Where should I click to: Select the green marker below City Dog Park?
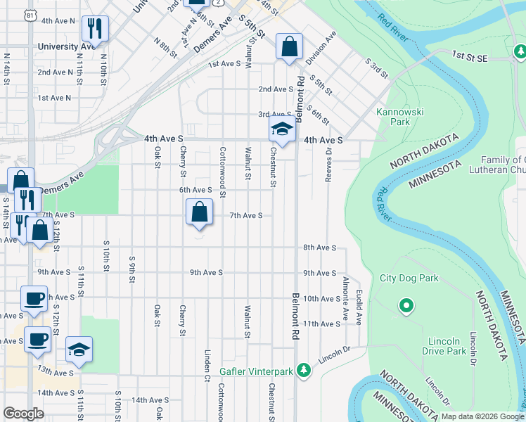(406, 306)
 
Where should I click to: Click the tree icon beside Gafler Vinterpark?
(303, 370)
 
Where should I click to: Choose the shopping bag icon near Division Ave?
(289, 47)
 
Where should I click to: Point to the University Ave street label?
(68, 46)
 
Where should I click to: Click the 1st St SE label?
(469, 55)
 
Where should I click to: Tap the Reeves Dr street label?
(328, 170)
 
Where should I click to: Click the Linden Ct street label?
(207, 362)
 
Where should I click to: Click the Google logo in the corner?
(23, 414)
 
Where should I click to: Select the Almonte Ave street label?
(345, 296)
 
